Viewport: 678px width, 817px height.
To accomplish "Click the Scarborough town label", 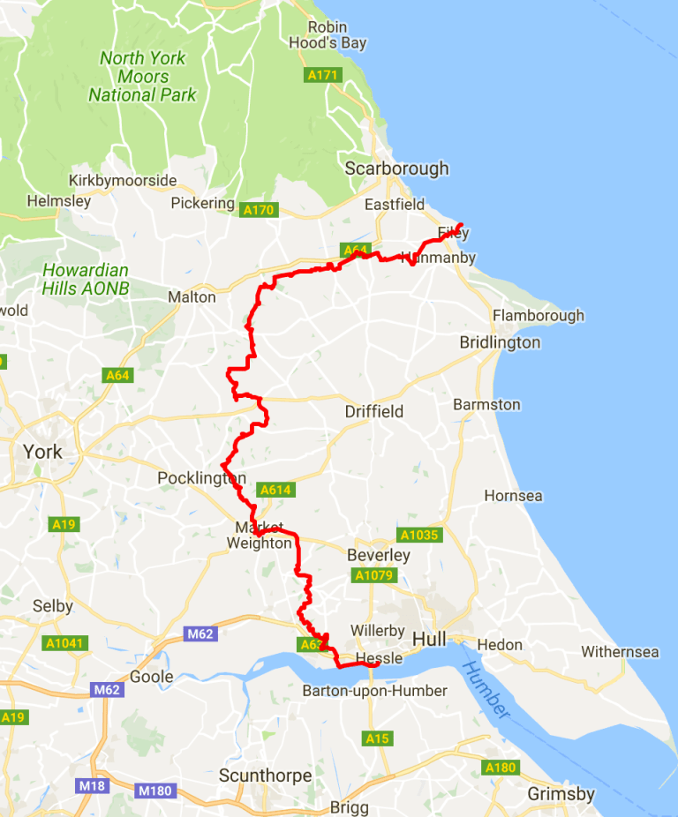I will [x=396, y=169].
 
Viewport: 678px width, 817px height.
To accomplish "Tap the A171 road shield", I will [x=323, y=76].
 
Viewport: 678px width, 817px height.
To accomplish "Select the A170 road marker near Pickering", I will [x=259, y=210].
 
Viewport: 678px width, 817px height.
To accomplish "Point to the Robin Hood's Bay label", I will [x=328, y=35].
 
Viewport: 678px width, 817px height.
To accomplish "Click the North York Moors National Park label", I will [x=142, y=76].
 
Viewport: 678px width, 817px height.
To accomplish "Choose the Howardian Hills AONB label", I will [x=85, y=279].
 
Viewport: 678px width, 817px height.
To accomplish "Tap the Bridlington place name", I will [x=500, y=342].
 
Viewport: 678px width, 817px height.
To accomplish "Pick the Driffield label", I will [x=373, y=411].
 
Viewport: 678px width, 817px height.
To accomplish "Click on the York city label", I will [x=42, y=452].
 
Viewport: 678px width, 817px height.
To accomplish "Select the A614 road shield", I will [x=275, y=490].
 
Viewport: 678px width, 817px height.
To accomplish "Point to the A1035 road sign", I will [x=418, y=535].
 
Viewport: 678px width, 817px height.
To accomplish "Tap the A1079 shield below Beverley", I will [x=373, y=575].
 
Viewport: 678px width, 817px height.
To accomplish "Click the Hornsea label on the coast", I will [x=513, y=496].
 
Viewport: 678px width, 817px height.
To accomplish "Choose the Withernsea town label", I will [x=620, y=652].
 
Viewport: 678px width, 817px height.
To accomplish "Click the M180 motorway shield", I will [x=154, y=791].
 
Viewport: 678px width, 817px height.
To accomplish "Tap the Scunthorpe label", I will [x=265, y=776].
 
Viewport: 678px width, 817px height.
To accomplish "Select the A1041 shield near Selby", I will [x=65, y=643].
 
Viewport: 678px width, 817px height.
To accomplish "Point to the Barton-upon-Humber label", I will [x=374, y=691].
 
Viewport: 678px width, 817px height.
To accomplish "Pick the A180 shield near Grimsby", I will [x=500, y=768].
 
